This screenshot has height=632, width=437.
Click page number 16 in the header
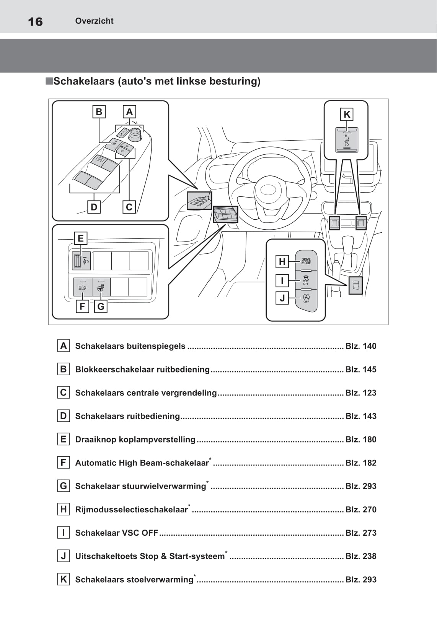click(35, 21)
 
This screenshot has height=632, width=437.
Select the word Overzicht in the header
click(94, 21)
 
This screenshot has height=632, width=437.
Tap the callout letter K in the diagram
click(347, 114)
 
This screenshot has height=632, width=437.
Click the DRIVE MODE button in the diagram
click(306, 261)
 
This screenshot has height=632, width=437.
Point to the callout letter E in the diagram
click(80, 238)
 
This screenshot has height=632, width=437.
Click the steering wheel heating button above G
click(101, 287)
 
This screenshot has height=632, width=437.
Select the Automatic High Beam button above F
click(83, 287)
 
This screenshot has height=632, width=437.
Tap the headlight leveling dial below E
click(77, 261)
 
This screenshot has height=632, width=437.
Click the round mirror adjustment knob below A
click(135, 134)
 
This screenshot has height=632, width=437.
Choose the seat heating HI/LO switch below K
click(347, 140)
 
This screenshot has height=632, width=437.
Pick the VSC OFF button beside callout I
click(306, 280)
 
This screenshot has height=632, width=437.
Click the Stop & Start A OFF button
click(306, 298)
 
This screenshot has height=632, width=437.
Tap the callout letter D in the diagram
click(94, 207)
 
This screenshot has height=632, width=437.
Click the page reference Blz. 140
click(360, 346)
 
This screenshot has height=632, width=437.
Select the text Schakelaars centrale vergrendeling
click(146, 393)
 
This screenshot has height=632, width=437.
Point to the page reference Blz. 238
click(360, 556)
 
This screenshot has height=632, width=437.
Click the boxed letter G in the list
click(64, 486)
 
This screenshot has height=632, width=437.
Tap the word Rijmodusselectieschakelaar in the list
click(131, 510)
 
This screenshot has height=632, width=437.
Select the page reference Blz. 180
click(360, 439)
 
